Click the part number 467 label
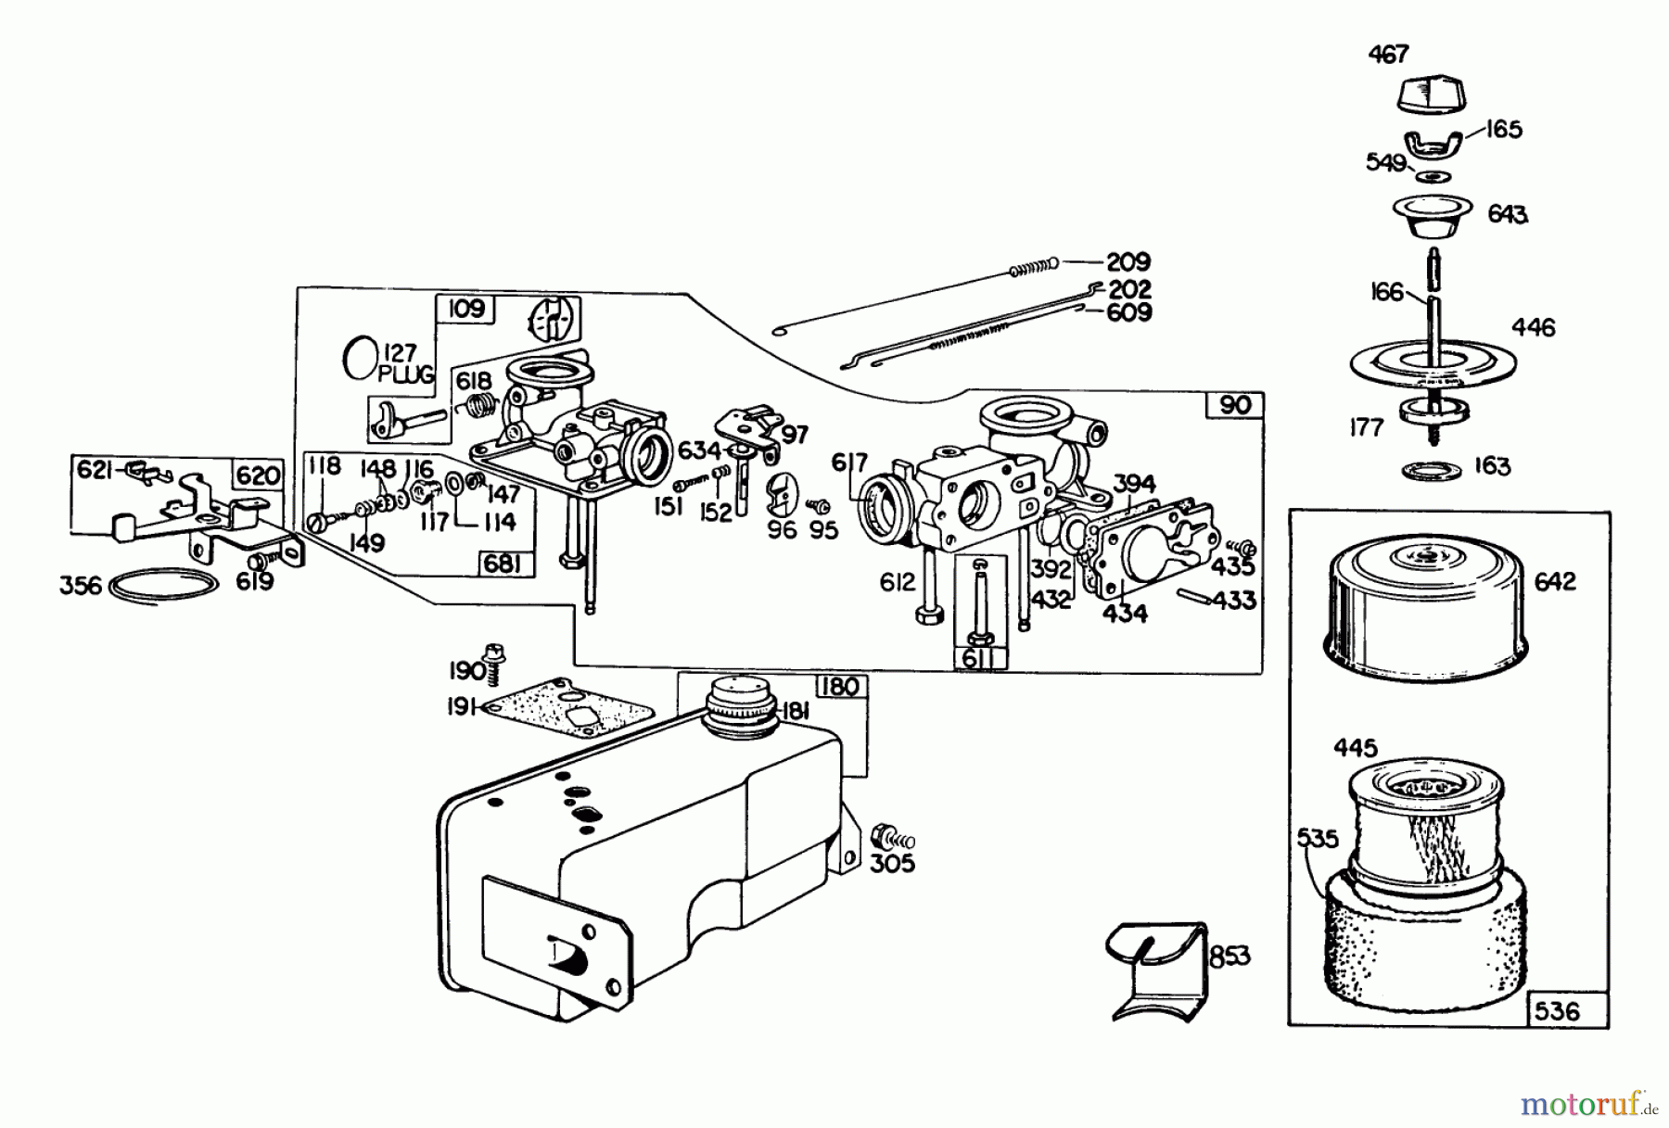[x=1388, y=55]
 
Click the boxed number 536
[x=1557, y=1010]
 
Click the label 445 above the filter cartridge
[x=1356, y=747]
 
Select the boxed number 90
[x=1235, y=405]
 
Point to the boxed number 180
[x=840, y=687]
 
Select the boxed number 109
[x=466, y=308]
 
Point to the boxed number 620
[x=257, y=475]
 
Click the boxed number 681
[x=502, y=564]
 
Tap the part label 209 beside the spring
[x=1128, y=262]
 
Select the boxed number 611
[x=977, y=659]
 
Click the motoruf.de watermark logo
[x=1587, y=1104]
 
